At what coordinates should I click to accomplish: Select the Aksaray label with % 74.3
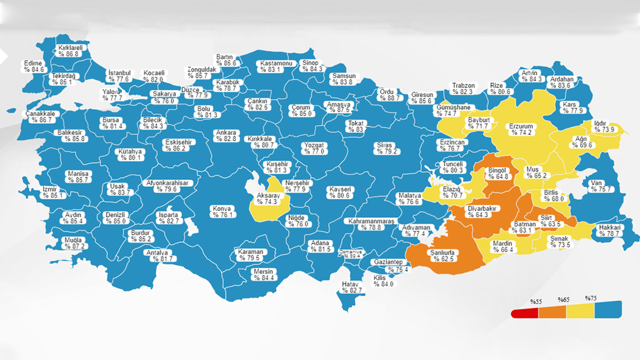pyautogui.click(x=267, y=198)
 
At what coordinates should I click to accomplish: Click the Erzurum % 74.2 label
pyautogui.click(x=521, y=130)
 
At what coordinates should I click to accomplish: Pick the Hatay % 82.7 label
pyautogui.click(x=352, y=287)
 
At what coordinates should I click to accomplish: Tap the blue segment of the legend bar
pyautogui.click(x=608, y=309)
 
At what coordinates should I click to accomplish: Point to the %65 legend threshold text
pyautogui.click(x=564, y=300)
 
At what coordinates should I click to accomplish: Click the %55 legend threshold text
pyautogui.click(x=536, y=302)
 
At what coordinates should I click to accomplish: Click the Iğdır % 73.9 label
pyautogui.click(x=605, y=126)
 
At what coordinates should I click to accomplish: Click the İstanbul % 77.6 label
pyautogui.click(x=119, y=76)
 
